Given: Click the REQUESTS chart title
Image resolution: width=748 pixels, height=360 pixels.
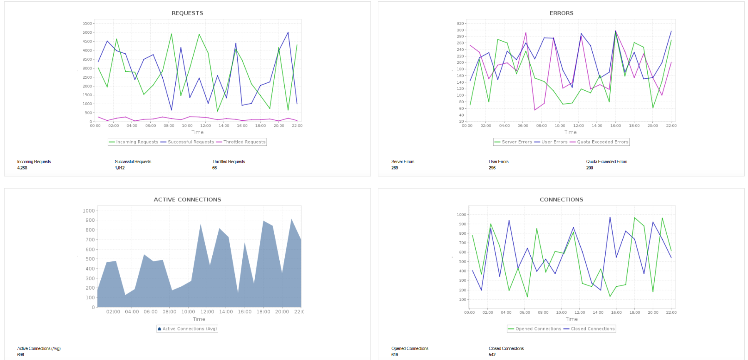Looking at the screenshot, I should coord(187,13).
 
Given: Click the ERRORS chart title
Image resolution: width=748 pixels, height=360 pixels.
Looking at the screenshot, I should coord(561,13).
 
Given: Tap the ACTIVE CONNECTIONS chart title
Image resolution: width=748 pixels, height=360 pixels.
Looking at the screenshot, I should coord(187,200).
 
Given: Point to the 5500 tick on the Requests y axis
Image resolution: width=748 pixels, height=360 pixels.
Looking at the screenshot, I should coord(87,23).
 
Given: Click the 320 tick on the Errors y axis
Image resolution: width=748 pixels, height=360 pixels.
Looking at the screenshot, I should coord(460,23).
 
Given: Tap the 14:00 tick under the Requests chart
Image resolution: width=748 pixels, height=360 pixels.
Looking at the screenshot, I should coord(224,126).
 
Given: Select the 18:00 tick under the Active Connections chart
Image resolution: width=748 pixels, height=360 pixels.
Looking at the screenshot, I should coord(263,312).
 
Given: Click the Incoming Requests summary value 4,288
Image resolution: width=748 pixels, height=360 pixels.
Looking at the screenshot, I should coord(22,168).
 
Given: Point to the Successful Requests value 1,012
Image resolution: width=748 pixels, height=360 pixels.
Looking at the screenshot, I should coord(119,168).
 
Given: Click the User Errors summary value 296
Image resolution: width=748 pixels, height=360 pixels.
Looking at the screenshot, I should coord(492,168).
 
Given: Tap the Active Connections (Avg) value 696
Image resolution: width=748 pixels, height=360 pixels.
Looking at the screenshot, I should coord(20,355).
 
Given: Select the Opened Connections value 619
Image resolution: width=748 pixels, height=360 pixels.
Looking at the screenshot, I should coord(395,355).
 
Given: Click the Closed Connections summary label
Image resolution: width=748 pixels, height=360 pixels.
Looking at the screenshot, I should coord(506,349).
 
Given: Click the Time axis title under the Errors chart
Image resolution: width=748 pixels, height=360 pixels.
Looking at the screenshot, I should coord(570,132).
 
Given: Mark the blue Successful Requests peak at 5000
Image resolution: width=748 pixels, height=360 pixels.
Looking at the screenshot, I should coord(288,32).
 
